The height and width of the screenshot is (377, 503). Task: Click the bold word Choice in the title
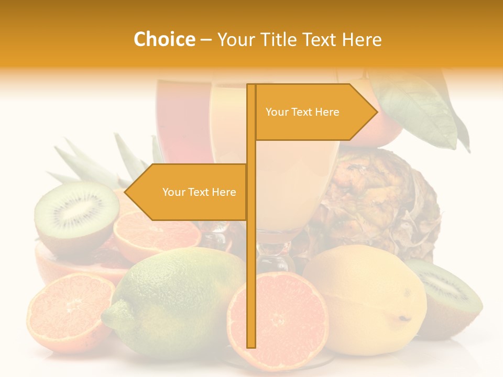pos(164,39)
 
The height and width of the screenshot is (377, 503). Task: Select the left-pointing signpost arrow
pos(189,192)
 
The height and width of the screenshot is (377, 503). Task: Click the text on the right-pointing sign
pos(302,112)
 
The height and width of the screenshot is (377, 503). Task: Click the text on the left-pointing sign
pos(199,192)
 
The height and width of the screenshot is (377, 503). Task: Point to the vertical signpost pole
pos(251,262)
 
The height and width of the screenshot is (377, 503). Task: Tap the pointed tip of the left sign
pos(126,192)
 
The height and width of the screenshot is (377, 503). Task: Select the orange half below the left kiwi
pos(157,236)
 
